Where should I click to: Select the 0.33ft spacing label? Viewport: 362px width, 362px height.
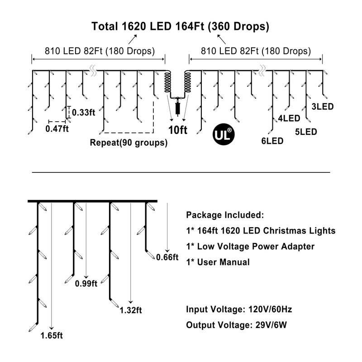[x=84, y=112]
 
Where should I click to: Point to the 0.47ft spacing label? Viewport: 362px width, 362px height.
[x=57, y=129]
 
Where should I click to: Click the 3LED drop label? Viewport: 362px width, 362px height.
[x=323, y=107]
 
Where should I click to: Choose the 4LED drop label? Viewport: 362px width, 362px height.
[x=289, y=119]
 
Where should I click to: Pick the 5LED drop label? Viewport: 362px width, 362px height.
[x=305, y=132]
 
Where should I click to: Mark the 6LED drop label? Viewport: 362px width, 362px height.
[x=272, y=141]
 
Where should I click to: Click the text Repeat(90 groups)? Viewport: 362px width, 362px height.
[x=129, y=143]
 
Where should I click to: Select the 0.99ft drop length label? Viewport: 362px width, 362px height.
[x=86, y=284]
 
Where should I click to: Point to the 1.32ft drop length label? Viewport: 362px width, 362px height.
[x=131, y=310]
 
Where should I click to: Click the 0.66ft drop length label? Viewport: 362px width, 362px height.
[x=167, y=257]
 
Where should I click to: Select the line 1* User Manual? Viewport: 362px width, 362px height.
[x=218, y=262]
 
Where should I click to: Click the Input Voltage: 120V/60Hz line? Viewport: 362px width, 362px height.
[x=239, y=310]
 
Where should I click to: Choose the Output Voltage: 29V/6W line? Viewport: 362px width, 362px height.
[x=238, y=325]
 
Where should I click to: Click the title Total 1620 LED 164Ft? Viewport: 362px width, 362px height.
[x=181, y=26]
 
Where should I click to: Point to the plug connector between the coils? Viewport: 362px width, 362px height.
[x=177, y=108]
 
